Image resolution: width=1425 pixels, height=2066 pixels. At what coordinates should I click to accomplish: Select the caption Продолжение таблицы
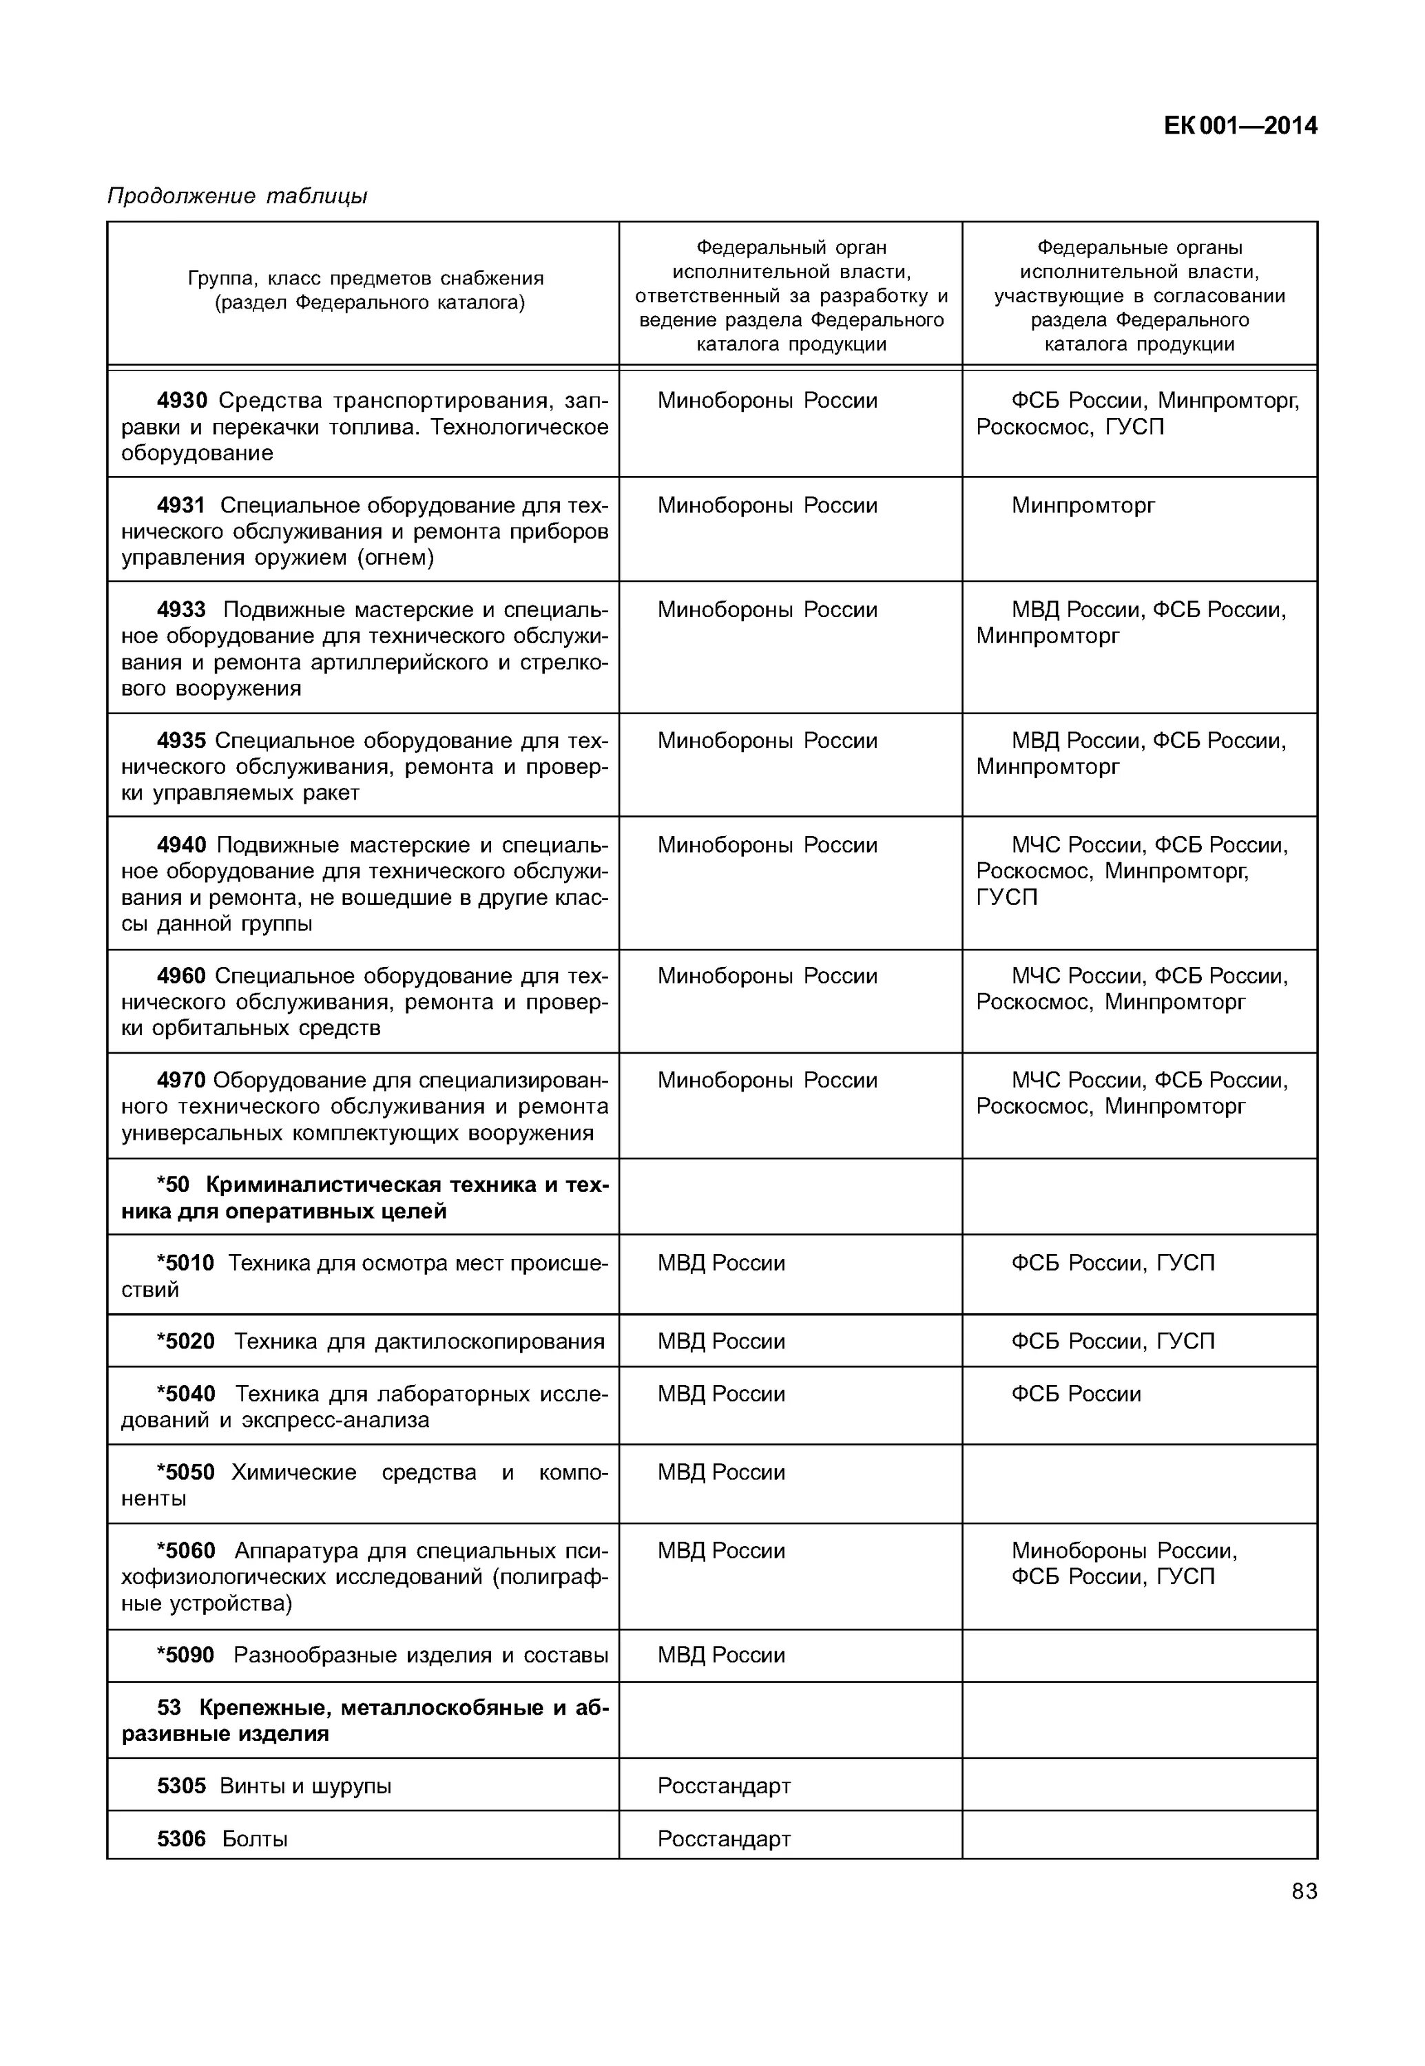[237, 196]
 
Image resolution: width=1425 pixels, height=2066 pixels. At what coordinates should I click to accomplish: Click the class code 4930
[181, 401]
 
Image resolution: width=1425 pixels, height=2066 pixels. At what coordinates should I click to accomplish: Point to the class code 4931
[181, 505]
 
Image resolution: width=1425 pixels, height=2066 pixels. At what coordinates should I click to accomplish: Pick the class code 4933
[181, 609]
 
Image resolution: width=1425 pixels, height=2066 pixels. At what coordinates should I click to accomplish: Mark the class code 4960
[181, 976]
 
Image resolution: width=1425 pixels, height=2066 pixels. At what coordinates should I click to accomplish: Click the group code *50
[173, 1185]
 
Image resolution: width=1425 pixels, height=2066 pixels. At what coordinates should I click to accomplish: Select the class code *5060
[186, 1551]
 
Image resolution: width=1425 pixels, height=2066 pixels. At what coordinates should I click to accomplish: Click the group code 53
[169, 1708]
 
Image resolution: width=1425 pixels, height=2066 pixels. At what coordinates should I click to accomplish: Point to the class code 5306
[181, 1839]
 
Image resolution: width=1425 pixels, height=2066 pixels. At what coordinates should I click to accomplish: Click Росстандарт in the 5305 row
[724, 1786]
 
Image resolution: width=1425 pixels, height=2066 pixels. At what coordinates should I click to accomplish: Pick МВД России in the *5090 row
[721, 1656]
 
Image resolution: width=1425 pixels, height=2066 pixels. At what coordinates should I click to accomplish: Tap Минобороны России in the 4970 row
[767, 1081]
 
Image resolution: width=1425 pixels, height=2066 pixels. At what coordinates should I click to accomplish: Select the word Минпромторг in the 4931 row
[1082, 505]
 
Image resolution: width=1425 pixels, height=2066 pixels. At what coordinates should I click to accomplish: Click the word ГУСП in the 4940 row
[1006, 897]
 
